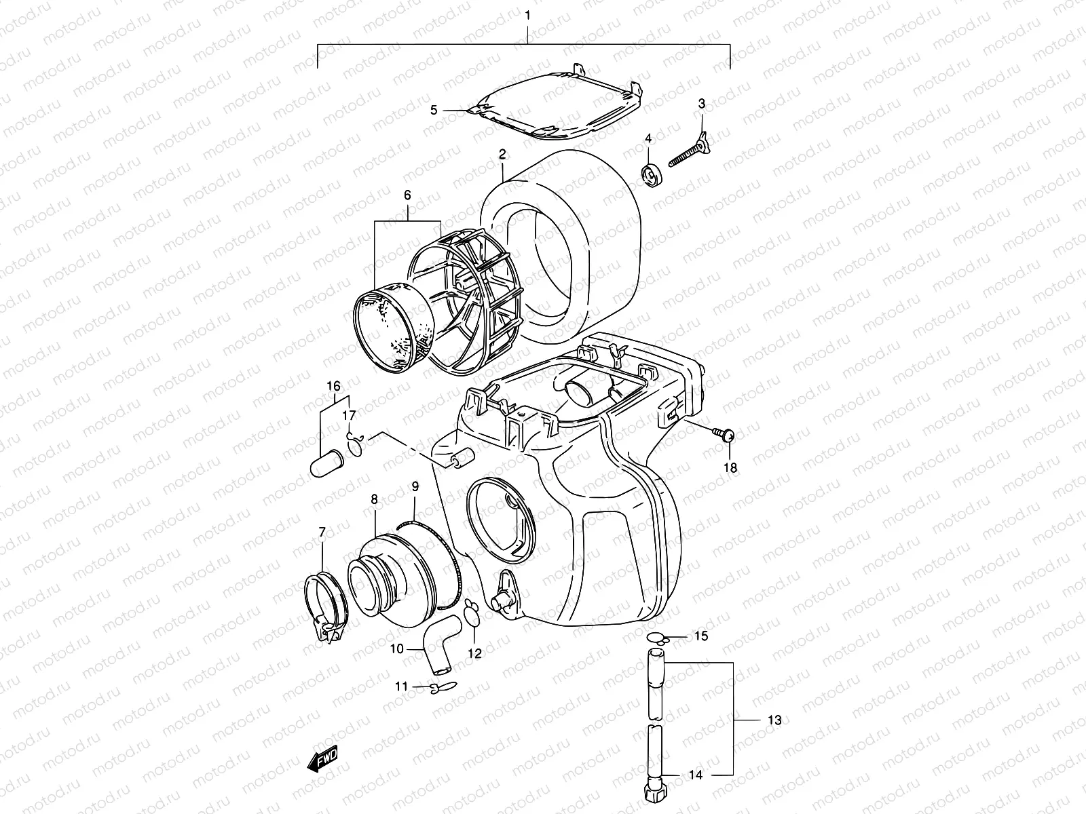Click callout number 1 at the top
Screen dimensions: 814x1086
click(527, 14)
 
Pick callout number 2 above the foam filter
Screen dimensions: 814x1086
click(502, 155)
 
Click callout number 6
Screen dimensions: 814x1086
click(407, 195)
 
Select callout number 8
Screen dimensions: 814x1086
click(374, 499)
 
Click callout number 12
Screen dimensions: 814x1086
click(474, 654)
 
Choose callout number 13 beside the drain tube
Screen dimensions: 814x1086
click(775, 720)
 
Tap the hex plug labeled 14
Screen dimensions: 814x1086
click(654, 789)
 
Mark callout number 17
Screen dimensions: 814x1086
click(349, 415)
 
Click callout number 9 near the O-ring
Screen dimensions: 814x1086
click(415, 486)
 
